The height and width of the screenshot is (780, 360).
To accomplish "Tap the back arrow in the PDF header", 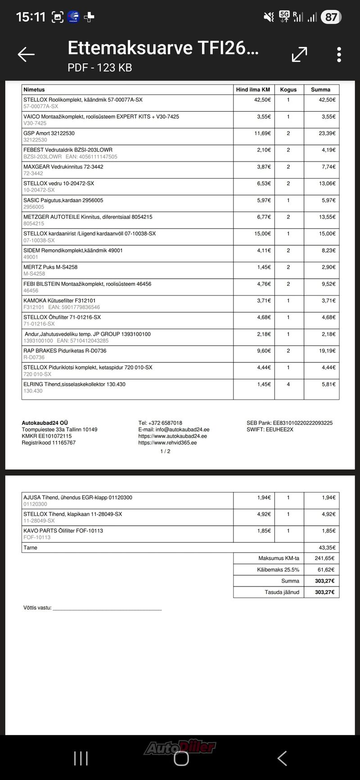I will (26, 54).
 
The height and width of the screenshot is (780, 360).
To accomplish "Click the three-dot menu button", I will (339, 54).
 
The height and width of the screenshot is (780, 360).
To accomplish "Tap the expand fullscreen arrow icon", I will (299, 54).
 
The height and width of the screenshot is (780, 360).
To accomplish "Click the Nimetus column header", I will (34, 90).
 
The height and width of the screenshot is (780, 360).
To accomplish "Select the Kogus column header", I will (288, 90).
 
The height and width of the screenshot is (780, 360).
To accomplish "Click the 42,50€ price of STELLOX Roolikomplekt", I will (262, 100).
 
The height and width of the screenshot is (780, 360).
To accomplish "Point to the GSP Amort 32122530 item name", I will (49, 133).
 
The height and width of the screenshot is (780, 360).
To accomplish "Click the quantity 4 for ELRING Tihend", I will (288, 384).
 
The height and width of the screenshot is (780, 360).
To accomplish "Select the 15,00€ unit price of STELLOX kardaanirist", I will (262, 234).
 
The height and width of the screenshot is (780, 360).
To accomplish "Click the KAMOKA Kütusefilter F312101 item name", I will (59, 301).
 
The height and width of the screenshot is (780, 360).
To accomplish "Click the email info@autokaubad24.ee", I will (174, 429).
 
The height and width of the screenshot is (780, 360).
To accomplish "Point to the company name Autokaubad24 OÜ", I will (45, 423).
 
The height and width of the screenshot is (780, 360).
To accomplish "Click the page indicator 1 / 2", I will (165, 451).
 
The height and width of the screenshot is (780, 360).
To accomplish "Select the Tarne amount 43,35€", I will (327, 548).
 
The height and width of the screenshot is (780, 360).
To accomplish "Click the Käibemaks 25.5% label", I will (278, 570).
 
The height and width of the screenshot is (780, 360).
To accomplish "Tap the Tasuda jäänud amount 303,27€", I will (324, 592).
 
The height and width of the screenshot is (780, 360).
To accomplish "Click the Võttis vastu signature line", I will (107, 609).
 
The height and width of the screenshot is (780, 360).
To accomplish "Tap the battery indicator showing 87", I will (331, 17).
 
